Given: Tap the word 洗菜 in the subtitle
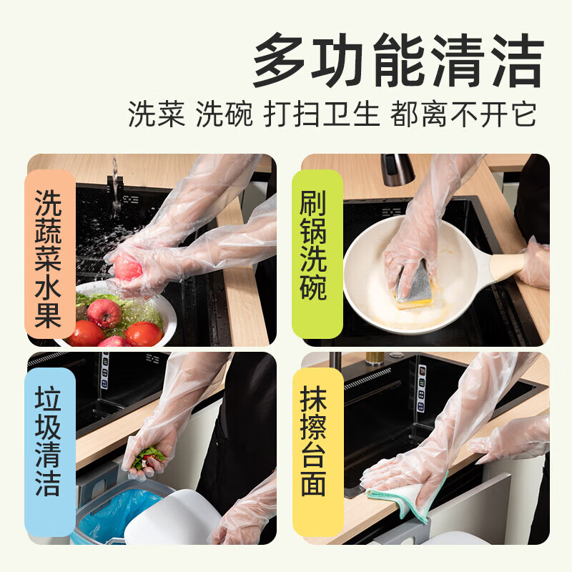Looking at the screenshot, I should (x=157, y=114).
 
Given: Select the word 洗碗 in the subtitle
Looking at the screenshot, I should (x=225, y=114).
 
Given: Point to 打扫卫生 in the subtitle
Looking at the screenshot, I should (x=321, y=114).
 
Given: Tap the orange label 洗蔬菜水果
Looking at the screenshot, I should (x=48, y=254).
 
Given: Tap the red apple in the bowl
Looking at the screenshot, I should (x=104, y=312).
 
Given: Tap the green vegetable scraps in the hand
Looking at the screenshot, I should (x=147, y=457).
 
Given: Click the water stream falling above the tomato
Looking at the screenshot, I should (x=114, y=186).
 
